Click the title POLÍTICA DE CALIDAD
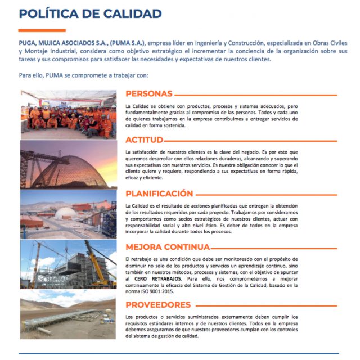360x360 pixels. (91, 13)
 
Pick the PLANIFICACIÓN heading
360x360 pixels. (163, 193)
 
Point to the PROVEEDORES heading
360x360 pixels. (158, 304)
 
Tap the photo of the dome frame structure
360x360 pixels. (69, 164)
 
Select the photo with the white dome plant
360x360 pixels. (69, 214)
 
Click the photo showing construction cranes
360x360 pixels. (69, 267)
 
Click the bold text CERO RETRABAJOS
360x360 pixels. (157, 278)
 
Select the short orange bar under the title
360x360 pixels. (42, 30)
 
